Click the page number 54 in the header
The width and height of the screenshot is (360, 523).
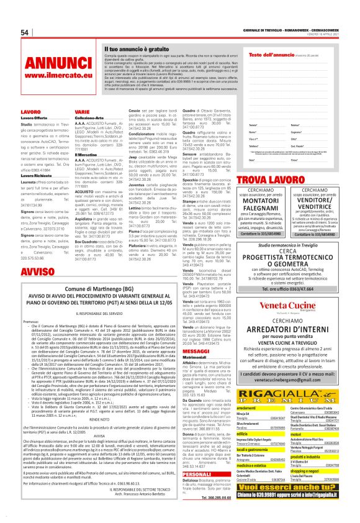click(x=25, y=33)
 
